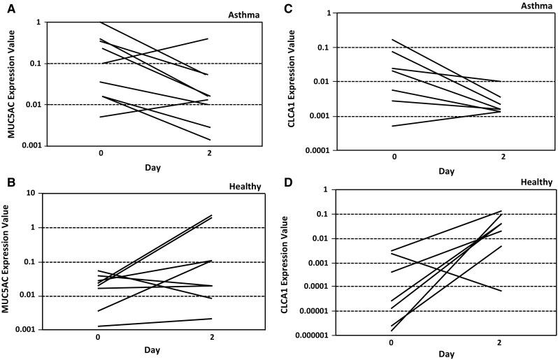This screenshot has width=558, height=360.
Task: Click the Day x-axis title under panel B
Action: (x=154, y=350)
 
